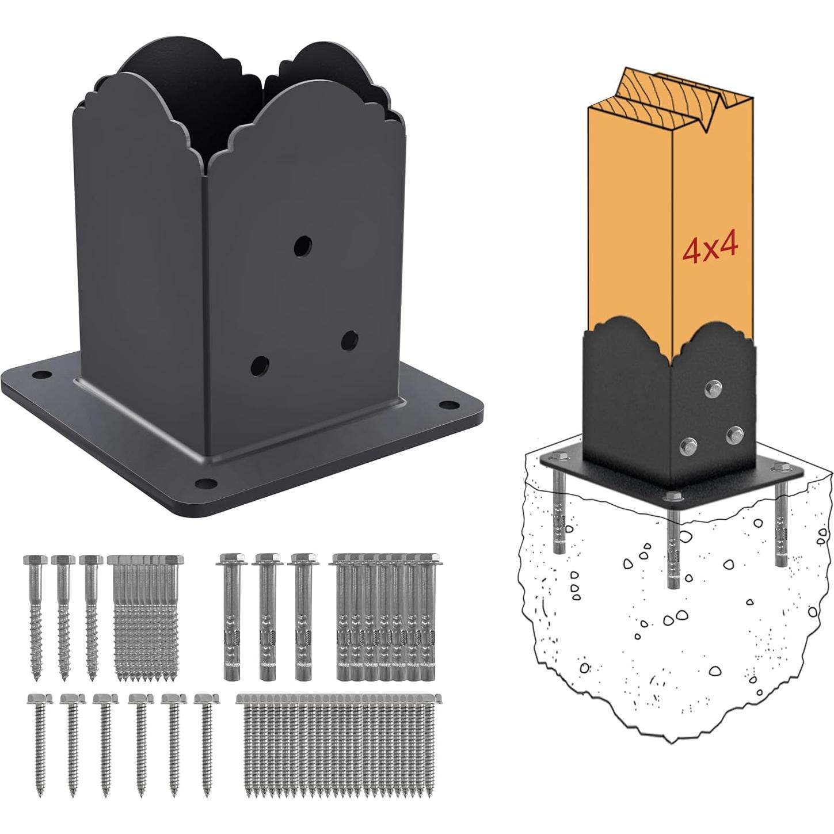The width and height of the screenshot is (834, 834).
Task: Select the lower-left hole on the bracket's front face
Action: click(260, 364)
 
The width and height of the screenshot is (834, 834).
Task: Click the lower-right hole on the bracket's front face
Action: click(349, 340)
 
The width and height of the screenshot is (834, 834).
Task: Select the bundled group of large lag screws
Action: click(145, 616)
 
